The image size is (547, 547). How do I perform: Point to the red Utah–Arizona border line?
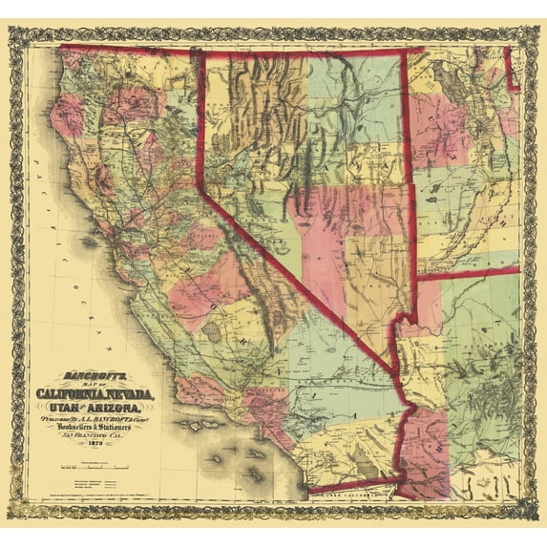[468, 274]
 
